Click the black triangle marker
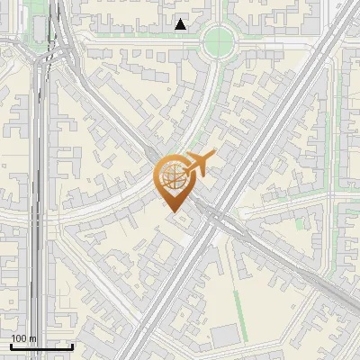(181, 24)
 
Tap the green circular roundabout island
(219, 39)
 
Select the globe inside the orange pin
(172, 176)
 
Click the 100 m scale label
(22, 338)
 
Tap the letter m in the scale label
(32, 338)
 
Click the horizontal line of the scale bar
(40, 346)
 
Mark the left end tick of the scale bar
(10, 345)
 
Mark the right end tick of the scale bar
(72, 345)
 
